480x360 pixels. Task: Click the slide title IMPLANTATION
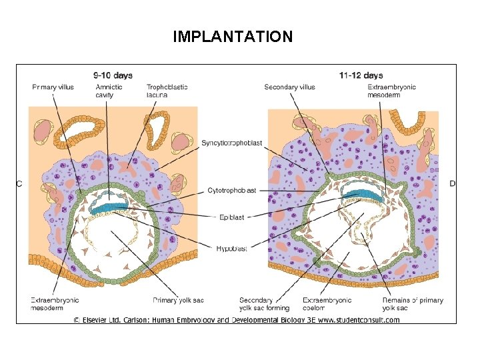(232, 37)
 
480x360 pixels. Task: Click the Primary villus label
(53, 87)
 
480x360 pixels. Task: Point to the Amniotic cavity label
(109, 91)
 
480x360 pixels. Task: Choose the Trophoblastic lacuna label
(167, 91)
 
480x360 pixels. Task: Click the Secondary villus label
(289, 87)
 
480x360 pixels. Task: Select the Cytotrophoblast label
(232, 191)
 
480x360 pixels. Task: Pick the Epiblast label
(232, 217)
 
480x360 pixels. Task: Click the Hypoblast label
(232, 249)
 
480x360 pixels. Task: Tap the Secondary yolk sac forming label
(265, 304)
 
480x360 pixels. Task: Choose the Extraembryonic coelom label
(327, 304)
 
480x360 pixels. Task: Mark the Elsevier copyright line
(236, 320)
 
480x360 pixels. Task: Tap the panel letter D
(453, 183)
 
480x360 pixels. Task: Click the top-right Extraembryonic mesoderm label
(391, 91)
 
